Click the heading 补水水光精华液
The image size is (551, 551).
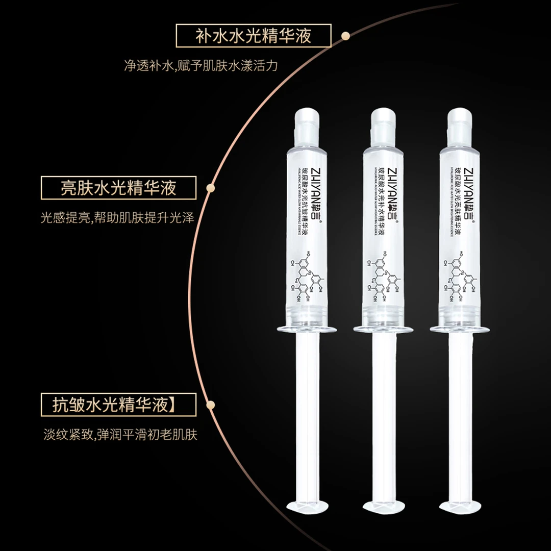(x=254, y=36)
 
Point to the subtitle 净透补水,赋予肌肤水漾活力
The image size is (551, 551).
(x=201, y=66)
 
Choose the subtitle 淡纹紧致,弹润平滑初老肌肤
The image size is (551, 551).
(x=120, y=435)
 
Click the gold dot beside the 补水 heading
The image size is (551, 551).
(x=345, y=36)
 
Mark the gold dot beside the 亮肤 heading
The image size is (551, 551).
(x=209, y=188)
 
